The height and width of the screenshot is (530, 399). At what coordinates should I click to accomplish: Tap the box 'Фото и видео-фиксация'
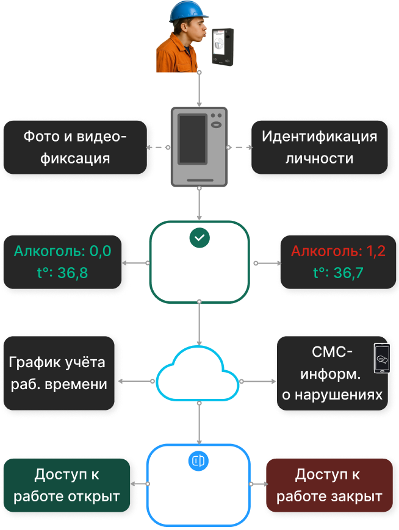(x=76, y=147)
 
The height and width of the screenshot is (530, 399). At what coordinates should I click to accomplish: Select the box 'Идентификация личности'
(x=319, y=147)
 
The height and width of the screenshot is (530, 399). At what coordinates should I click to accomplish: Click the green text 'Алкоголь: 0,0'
(x=63, y=251)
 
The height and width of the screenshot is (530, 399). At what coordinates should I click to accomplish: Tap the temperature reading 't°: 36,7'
(x=338, y=273)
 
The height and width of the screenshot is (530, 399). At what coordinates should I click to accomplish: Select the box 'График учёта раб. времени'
(x=57, y=373)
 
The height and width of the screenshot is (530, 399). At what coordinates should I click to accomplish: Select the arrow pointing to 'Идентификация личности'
(x=248, y=147)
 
